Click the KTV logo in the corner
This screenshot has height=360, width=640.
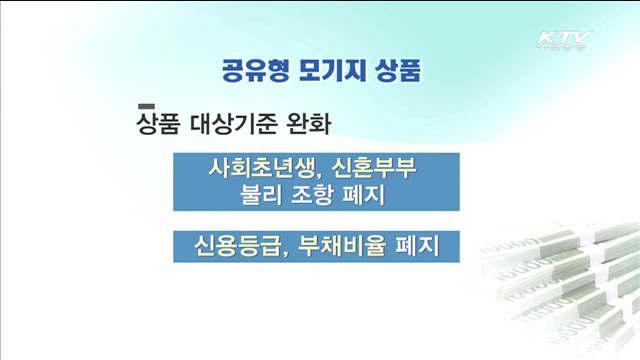click(x=563, y=41)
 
